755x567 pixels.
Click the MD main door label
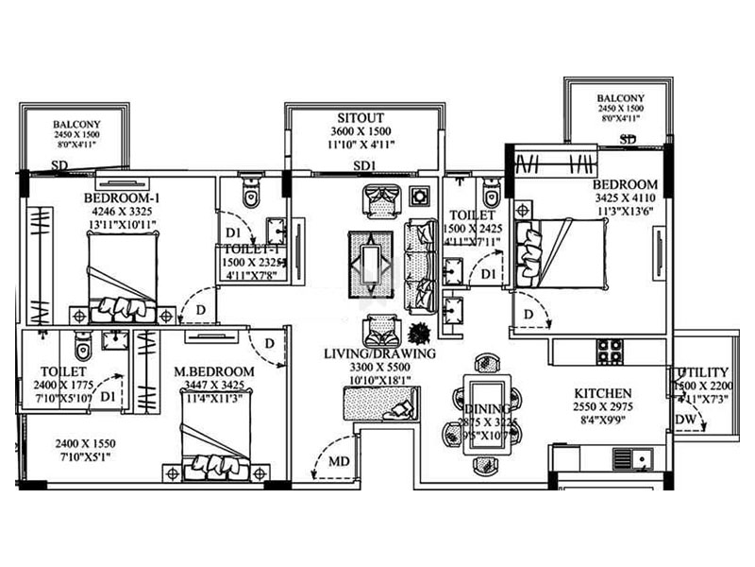337,462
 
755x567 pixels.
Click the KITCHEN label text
603,393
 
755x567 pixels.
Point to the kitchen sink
642,460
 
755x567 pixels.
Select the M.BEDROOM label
214,371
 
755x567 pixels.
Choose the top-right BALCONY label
620,97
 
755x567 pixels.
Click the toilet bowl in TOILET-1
250,195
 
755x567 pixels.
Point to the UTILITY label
702,372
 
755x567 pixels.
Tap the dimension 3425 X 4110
626,199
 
